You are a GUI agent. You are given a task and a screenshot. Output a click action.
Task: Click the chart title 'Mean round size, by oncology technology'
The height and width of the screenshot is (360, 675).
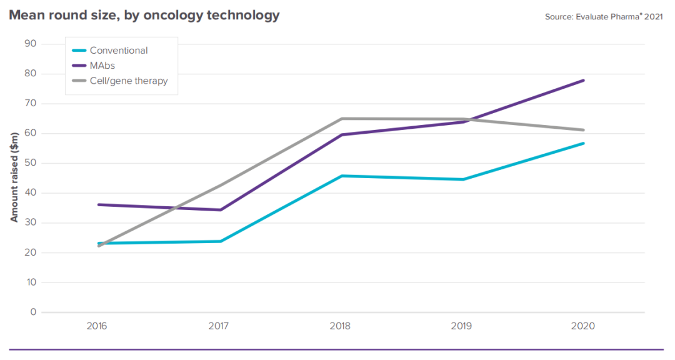(x=144, y=16)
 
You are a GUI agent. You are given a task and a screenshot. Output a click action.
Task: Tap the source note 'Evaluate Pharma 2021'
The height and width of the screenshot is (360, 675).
(x=604, y=17)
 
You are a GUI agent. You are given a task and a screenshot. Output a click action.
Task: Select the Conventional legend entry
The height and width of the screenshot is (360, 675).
(x=118, y=51)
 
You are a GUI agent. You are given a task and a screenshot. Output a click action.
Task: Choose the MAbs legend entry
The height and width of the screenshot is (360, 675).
(x=102, y=66)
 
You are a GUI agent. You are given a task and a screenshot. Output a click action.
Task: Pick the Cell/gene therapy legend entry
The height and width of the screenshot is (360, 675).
(x=128, y=81)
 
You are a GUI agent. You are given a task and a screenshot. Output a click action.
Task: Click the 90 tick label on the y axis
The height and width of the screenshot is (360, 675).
(x=30, y=44)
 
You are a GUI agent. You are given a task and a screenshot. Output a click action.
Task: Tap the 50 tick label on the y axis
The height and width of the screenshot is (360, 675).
(x=30, y=163)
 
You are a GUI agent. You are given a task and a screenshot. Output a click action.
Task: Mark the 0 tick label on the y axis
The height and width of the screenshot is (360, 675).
(x=33, y=312)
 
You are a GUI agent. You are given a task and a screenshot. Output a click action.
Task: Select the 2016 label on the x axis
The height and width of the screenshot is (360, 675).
(x=97, y=326)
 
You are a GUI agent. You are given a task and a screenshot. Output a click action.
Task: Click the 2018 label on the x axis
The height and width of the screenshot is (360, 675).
(x=340, y=326)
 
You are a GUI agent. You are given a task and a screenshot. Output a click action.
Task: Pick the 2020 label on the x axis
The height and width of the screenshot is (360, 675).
(x=583, y=326)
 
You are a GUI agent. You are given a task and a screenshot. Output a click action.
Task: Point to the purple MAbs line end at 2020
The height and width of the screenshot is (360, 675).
(x=583, y=80)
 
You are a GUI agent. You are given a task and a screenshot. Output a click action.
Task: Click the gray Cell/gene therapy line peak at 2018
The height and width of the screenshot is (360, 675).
(x=340, y=119)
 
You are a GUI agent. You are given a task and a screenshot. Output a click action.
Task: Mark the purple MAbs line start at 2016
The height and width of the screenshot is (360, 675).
(x=98, y=204)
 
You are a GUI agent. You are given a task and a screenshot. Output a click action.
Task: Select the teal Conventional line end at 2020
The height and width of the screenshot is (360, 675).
(x=583, y=143)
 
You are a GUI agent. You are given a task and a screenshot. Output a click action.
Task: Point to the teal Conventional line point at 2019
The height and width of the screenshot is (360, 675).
(x=461, y=179)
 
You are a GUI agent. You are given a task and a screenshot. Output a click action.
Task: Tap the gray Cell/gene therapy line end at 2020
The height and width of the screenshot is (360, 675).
(x=583, y=130)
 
